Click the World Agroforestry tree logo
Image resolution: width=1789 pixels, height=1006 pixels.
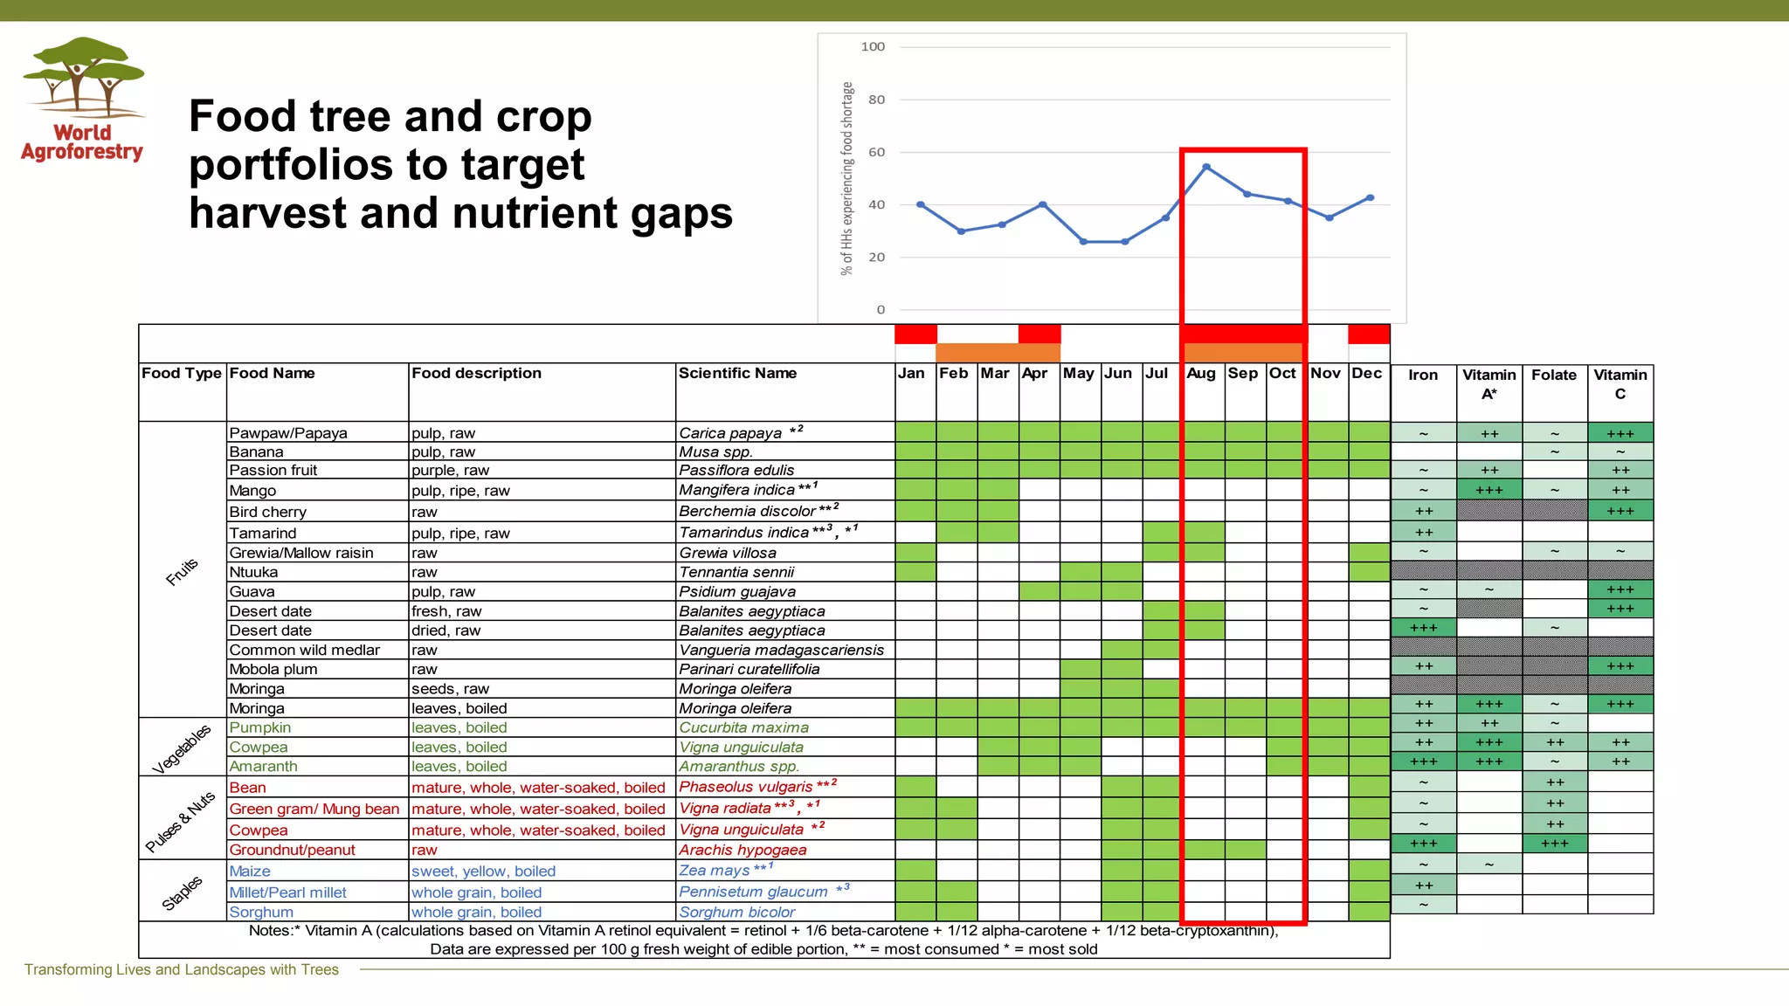click(x=83, y=78)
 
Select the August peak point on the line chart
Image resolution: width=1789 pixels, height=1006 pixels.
click(x=1205, y=167)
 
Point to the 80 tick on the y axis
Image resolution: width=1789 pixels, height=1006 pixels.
click(x=876, y=100)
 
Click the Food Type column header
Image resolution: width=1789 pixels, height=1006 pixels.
click(x=182, y=374)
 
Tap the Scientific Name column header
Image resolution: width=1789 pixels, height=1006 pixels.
click(x=737, y=374)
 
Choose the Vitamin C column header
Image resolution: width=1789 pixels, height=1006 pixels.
click(x=1620, y=384)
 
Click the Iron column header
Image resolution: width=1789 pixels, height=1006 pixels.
click(x=1422, y=376)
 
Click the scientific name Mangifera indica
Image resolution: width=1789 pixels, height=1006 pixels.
click(x=736, y=490)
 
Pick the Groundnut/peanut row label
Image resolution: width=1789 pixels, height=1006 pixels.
click(x=292, y=850)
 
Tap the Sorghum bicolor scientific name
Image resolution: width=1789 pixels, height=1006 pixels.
click(x=736, y=912)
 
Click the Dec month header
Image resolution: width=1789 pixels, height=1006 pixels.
click(x=1367, y=374)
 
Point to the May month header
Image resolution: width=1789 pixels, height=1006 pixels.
click(x=1078, y=374)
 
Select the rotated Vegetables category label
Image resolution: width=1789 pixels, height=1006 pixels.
click(x=182, y=748)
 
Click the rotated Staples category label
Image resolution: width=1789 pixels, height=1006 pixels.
click(x=182, y=892)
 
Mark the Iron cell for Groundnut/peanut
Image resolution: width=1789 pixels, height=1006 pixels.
click(x=1423, y=844)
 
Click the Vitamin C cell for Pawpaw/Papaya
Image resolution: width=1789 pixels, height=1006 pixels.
click(x=1620, y=433)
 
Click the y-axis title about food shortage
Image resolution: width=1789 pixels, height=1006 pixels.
click(x=846, y=179)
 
